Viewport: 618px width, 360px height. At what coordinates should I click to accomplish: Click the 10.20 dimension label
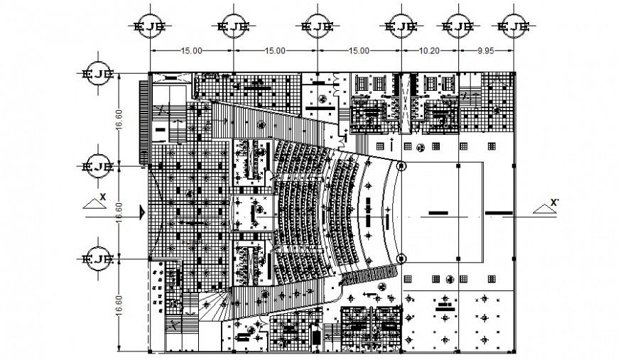point(430,51)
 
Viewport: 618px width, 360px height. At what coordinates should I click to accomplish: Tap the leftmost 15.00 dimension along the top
point(191,51)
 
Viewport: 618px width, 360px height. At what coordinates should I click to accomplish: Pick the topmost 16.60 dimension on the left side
point(121,120)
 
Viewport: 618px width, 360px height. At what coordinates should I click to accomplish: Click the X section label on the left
point(103,197)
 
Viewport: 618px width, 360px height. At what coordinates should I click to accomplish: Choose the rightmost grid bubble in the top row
point(514,28)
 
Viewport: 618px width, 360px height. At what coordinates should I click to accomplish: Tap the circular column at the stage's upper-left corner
point(401,167)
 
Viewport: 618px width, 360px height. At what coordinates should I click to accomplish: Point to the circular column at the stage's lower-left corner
point(401,258)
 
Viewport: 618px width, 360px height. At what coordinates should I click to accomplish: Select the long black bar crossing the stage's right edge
point(499,212)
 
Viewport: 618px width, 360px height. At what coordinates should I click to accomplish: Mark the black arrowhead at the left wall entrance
point(143,212)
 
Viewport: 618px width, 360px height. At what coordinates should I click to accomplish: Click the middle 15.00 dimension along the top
point(275,51)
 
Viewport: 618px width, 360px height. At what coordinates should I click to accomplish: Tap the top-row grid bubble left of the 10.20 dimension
point(401,28)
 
